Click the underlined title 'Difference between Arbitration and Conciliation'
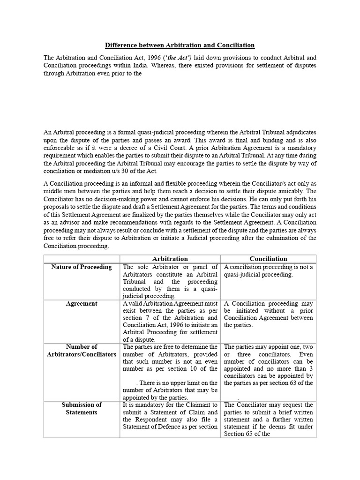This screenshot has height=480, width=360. tap(180, 45)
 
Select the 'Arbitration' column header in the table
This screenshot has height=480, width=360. tap(170, 259)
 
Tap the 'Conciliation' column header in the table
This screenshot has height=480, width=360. tap(269, 259)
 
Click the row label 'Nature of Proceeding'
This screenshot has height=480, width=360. tap(82, 267)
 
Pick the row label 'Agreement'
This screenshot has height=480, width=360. tap(82, 304)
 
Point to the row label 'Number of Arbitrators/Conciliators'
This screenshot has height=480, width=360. tap(82, 351)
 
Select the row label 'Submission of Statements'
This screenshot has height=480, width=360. tap(82, 408)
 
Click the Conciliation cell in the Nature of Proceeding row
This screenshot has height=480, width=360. tap(269, 271)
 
